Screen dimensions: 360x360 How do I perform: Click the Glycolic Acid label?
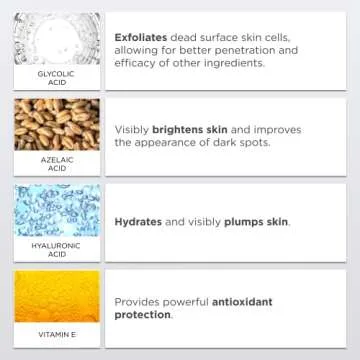pos(49,77)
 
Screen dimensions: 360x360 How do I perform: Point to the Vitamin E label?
pos(49,334)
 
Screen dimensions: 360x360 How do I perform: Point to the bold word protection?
pos(143,315)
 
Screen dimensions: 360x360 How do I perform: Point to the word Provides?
pos(139,301)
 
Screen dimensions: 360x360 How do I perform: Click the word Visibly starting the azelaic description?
pos(134,128)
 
